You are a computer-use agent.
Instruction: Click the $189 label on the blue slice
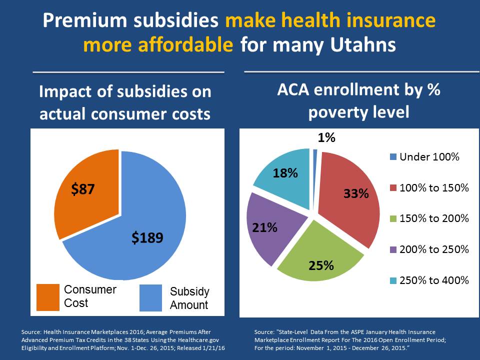tap(147, 237)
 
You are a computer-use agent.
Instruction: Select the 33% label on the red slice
tap(356, 193)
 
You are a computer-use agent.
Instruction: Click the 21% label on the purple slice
tap(264, 227)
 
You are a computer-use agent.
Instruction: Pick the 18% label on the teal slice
tap(285, 173)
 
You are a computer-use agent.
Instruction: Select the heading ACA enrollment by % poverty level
tap(358, 101)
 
